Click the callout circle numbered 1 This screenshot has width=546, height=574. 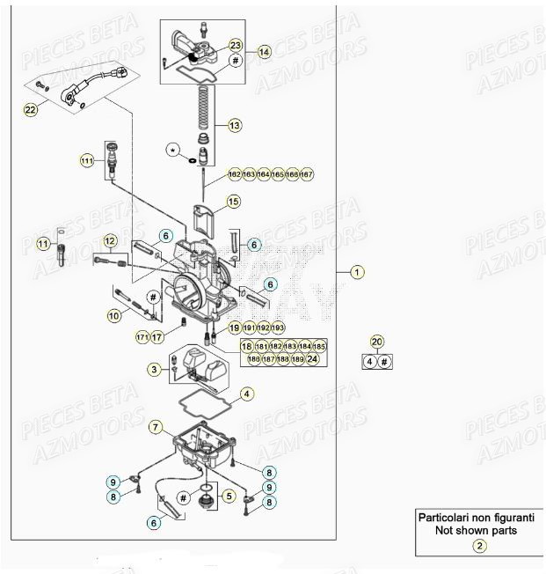click(356, 272)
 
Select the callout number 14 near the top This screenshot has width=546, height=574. click(265, 52)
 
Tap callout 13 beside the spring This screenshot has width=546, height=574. click(234, 126)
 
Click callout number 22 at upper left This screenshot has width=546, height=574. click(32, 110)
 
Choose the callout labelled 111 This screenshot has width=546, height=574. click(86, 161)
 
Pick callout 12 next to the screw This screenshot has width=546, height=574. click(110, 240)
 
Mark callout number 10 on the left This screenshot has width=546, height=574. click(114, 314)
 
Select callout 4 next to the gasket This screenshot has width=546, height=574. click(248, 394)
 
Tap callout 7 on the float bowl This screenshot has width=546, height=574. click(155, 428)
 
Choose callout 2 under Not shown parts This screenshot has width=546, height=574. click(479, 546)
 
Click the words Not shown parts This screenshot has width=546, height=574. click(478, 531)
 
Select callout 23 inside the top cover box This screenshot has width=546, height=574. click(235, 45)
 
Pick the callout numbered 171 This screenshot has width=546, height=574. click(142, 337)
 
